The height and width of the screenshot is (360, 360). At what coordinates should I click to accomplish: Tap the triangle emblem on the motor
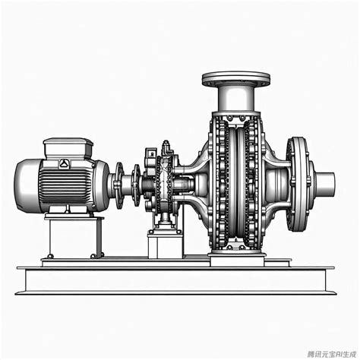(63, 163)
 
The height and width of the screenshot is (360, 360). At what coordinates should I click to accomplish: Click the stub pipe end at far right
(325, 182)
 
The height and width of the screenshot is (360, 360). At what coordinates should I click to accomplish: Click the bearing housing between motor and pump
(163, 182)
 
